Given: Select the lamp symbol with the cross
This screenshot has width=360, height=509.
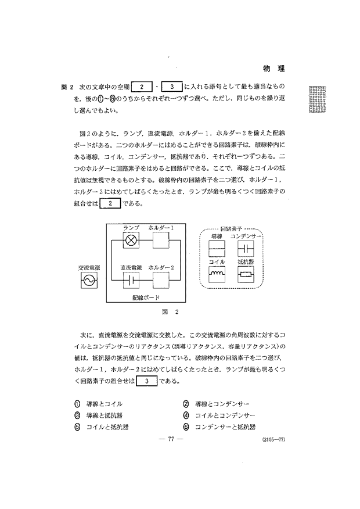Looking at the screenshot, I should (131, 240).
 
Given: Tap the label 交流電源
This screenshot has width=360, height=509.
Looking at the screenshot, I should (90, 268).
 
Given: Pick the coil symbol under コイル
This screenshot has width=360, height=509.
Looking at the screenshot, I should (217, 274).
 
